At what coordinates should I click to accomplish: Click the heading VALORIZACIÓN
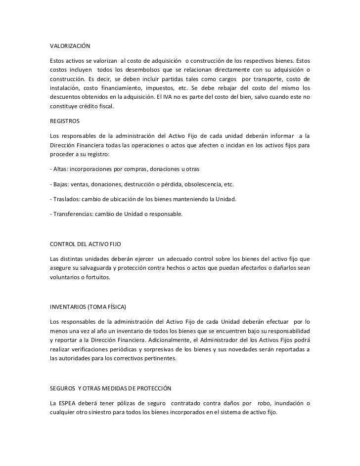70,46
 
